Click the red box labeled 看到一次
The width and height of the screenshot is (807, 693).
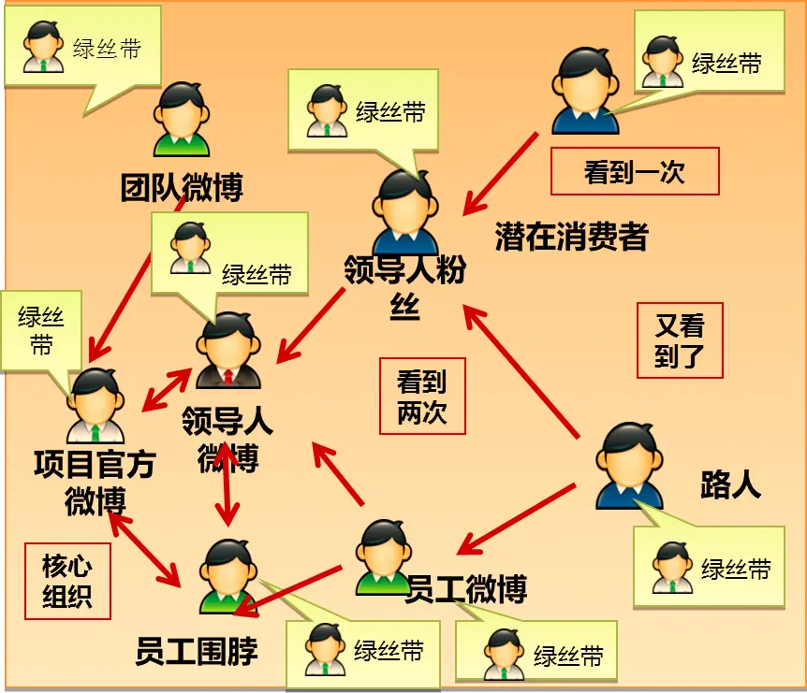coord(635,171)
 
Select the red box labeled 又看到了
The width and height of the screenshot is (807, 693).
coord(680,340)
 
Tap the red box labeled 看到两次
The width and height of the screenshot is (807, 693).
coord(422,396)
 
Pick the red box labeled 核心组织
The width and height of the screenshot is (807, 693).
coord(67,581)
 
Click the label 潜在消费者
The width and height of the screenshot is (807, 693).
coord(571,237)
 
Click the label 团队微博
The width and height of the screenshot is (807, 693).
coord(182,188)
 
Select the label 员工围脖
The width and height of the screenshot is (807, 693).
coord(196,651)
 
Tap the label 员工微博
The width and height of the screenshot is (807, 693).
coord(466,589)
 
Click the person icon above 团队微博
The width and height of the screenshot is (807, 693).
coord(182,120)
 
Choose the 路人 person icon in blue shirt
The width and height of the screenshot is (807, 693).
coord(629,466)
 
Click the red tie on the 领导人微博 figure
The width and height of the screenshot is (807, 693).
coord(228,376)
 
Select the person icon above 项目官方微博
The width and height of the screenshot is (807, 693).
coord(95,405)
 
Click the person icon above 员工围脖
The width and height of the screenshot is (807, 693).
coord(228,576)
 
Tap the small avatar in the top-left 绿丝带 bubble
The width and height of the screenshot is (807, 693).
coord(43,46)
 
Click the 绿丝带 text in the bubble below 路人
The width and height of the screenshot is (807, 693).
coord(736,570)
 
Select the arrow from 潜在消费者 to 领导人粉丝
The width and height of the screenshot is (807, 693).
coord(500,174)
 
